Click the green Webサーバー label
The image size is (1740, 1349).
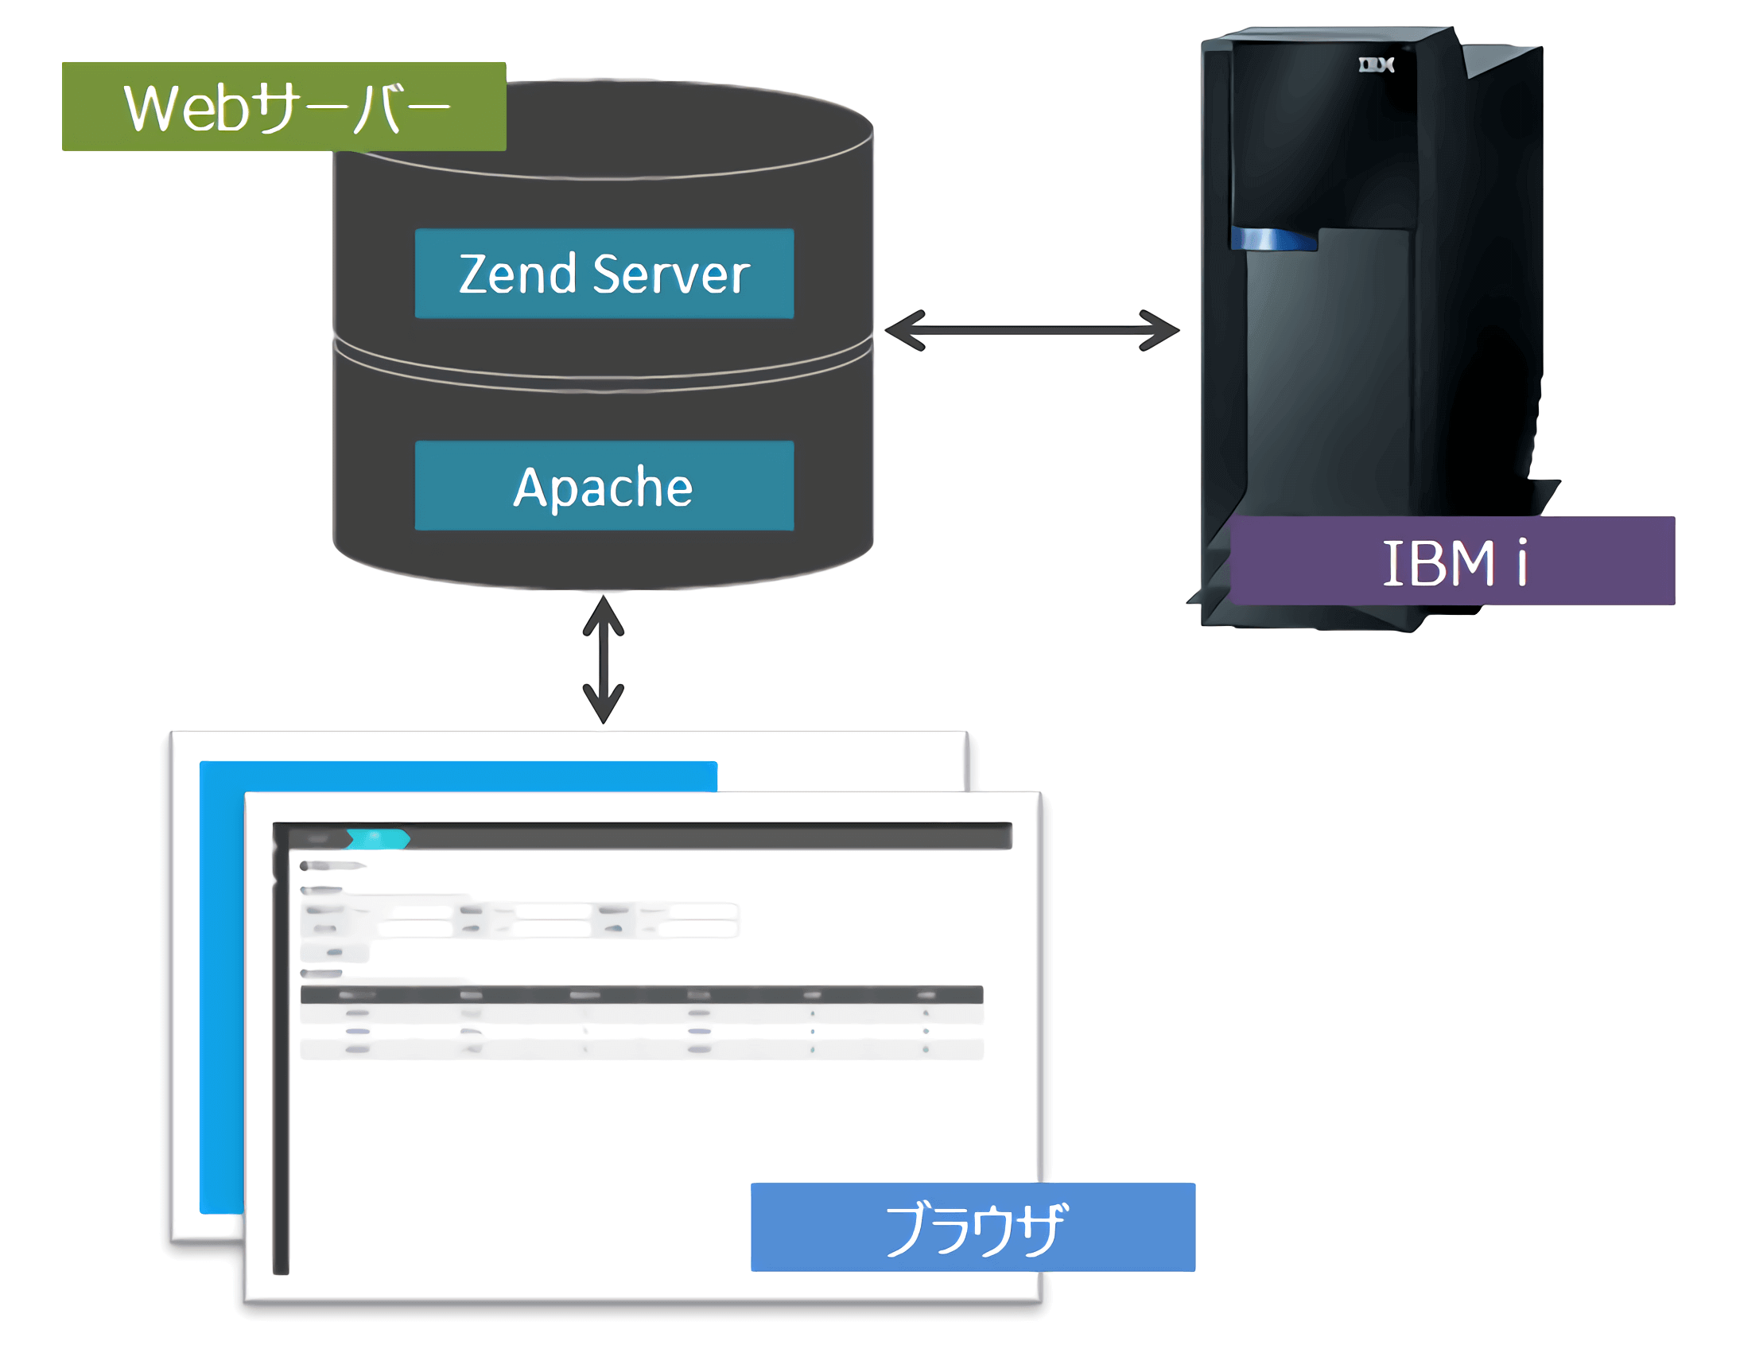point(284,107)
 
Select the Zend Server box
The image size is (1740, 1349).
point(604,274)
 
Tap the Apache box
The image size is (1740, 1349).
point(604,485)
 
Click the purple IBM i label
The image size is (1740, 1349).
point(1451,561)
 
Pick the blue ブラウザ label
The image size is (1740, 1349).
point(973,1227)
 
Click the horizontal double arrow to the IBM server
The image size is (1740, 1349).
point(1031,330)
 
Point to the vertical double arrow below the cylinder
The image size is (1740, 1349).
point(603,659)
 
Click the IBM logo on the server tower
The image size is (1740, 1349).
point(1376,64)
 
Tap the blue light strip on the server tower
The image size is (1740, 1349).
point(1272,239)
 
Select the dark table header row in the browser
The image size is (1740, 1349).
point(641,994)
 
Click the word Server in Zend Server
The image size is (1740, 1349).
point(672,274)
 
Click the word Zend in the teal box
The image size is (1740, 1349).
point(517,274)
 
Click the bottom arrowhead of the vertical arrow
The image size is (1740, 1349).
point(603,706)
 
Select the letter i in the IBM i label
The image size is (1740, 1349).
point(1521,562)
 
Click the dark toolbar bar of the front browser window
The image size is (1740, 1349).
point(709,837)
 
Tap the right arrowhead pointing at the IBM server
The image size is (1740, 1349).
point(1160,330)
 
